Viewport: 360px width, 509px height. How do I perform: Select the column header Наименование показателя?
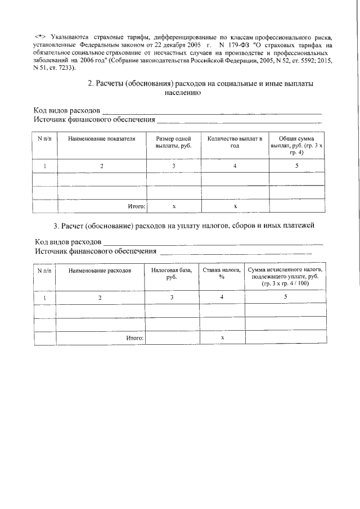pos(101,138)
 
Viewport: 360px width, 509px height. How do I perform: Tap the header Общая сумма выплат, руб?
pos(296,145)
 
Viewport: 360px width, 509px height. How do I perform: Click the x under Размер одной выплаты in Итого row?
pos(174,207)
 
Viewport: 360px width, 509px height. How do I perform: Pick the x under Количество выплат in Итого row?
pos(235,207)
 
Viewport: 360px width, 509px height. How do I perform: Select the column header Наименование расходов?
pos(100,271)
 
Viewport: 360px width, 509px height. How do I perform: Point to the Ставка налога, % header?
pos(222,274)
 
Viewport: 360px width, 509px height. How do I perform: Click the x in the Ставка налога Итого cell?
pos(222,338)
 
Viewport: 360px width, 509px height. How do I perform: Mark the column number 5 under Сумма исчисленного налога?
pos(286,296)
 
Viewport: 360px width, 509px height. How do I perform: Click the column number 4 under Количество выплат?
pos(235,166)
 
